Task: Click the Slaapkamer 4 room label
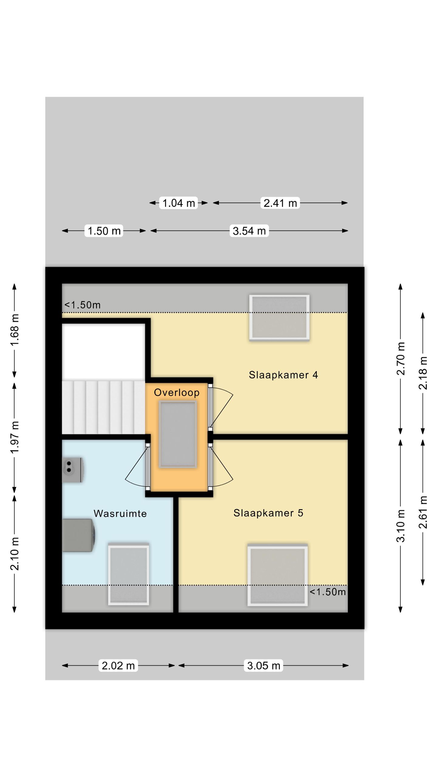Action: click(283, 375)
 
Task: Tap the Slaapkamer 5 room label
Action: click(268, 513)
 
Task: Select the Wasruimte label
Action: click(120, 514)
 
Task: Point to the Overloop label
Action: click(177, 393)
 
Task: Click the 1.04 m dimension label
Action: click(179, 203)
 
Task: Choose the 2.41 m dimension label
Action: click(280, 203)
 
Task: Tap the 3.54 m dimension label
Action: click(249, 231)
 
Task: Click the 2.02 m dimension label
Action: click(118, 666)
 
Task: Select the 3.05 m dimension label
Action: click(263, 666)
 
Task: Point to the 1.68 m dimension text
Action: click(15, 330)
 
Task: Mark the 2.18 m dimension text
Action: click(423, 373)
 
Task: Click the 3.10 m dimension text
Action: click(401, 526)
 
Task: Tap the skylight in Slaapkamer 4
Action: click(279, 317)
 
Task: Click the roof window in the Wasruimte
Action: click(129, 574)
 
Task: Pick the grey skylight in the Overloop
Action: click(178, 434)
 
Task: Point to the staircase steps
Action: click(103, 407)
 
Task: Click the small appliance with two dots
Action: click(72, 470)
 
